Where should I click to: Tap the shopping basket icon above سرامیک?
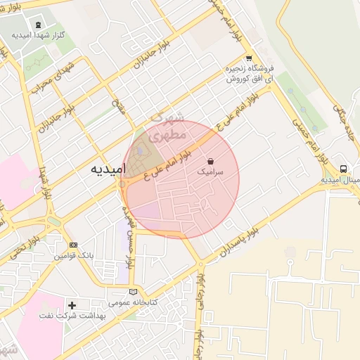211,161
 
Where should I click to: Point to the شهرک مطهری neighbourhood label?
169,125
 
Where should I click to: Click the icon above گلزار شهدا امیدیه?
38,25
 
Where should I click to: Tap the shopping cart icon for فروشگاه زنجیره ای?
248,58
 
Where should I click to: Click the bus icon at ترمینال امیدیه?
343,169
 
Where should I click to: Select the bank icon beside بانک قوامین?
73,245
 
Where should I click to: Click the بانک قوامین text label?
72,256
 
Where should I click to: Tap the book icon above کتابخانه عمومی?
134,292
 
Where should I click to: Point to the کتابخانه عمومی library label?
134,302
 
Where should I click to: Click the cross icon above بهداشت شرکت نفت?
72,305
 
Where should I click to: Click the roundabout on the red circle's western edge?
124,184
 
